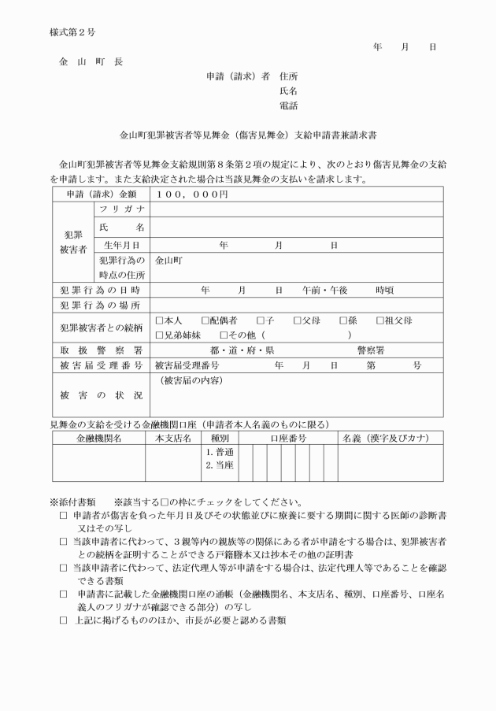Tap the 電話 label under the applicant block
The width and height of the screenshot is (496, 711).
tap(288, 105)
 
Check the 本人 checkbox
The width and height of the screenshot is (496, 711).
tap(159, 320)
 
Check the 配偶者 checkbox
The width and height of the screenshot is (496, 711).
tap(205, 320)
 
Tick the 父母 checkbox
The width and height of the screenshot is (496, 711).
tap(298, 320)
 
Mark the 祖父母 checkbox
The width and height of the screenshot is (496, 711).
tap(380, 320)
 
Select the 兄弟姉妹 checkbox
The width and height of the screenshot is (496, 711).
tap(159, 335)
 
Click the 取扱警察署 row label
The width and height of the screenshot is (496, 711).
tap(101, 350)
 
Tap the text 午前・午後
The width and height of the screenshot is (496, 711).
tap(325, 290)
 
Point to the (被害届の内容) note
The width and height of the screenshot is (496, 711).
tap(191, 380)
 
